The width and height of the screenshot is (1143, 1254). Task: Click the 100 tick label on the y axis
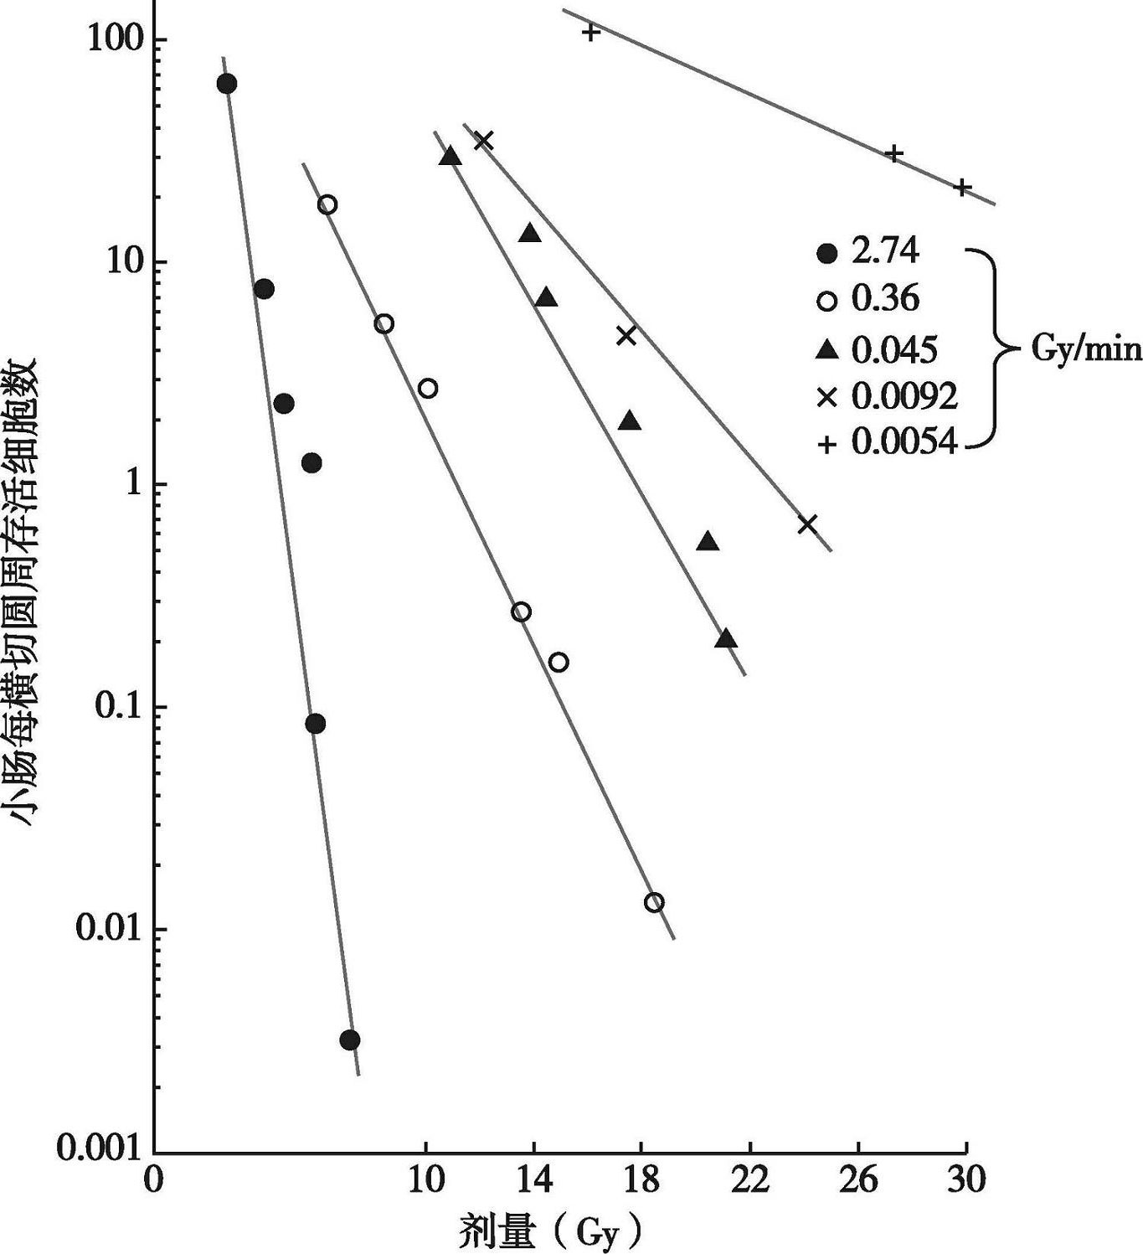(x=115, y=39)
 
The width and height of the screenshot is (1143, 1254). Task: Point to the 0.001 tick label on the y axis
(x=99, y=1149)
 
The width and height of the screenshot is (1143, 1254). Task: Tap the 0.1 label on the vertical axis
(x=116, y=707)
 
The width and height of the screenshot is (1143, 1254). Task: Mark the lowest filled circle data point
(x=350, y=1040)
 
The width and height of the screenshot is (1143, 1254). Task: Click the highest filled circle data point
(x=226, y=84)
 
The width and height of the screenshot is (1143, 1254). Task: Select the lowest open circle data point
(x=655, y=902)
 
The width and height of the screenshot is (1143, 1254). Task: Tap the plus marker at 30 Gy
(x=963, y=187)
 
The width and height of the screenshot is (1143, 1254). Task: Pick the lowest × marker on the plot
(x=807, y=524)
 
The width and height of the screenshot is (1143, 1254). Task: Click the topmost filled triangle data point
(x=451, y=157)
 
